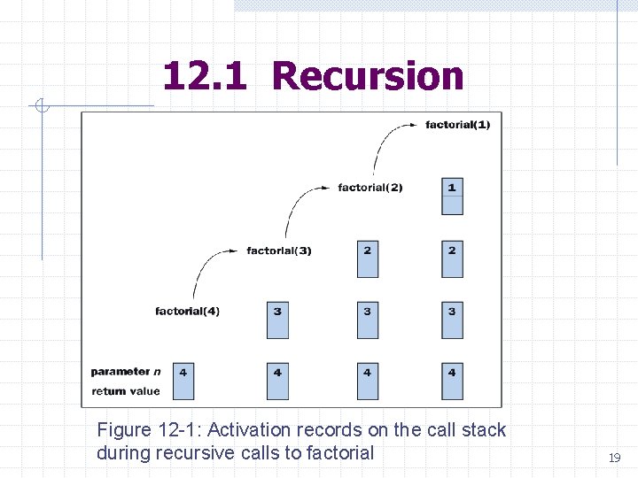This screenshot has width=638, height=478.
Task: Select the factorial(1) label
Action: click(x=457, y=125)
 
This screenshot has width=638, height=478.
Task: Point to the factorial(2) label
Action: click(x=370, y=188)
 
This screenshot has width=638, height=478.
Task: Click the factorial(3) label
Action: click(x=279, y=251)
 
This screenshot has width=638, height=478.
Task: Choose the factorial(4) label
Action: click(x=187, y=311)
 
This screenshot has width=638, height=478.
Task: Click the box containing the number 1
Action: click(x=452, y=197)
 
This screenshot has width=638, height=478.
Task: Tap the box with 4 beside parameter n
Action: click(x=183, y=381)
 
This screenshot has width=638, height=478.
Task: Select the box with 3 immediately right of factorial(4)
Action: click(x=277, y=320)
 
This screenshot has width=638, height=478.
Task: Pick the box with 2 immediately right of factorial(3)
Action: click(x=367, y=258)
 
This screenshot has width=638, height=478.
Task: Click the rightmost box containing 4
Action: click(x=452, y=381)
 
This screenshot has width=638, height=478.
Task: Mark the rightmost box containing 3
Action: click(x=452, y=320)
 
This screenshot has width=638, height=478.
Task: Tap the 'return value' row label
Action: click(x=125, y=391)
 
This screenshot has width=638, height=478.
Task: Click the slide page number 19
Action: click(x=613, y=458)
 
